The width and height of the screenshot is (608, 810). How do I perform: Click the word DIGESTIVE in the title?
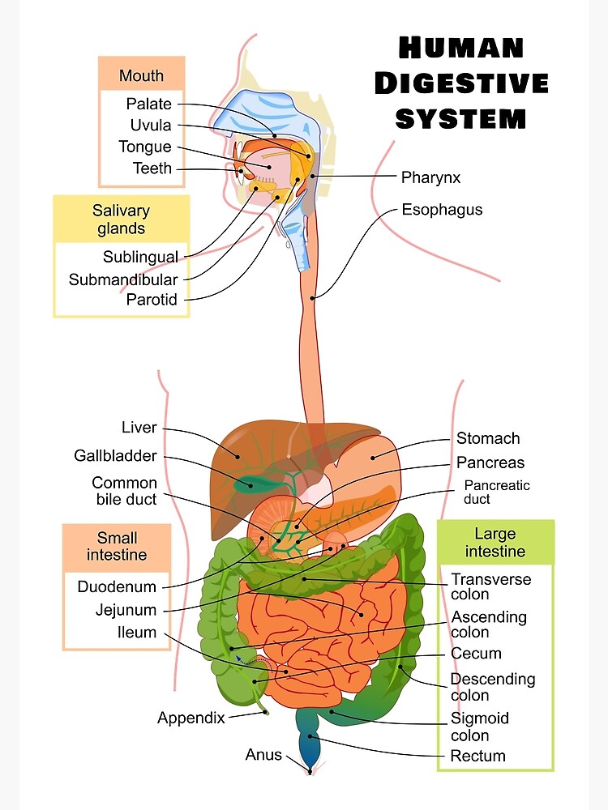(x=461, y=83)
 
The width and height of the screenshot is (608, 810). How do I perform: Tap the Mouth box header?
(x=141, y=75)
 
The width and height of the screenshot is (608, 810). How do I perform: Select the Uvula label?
(x=151, y=125)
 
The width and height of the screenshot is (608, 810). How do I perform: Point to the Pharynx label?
(x=430, y=177)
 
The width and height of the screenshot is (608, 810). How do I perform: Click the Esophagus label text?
(x=442, y=210)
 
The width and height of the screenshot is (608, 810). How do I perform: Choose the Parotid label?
(x=152, y=300)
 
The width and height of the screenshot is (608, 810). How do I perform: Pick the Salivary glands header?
(x=122, y=220)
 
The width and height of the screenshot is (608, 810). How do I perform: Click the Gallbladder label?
(x=115, y=456)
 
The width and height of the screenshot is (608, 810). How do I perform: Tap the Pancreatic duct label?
(x=496, y=492)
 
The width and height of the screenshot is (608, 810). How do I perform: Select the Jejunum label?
(x=126, y=610)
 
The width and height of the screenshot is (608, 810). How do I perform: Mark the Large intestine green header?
(x=495, y=542)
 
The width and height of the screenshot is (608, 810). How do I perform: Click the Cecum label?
(x=476, y=653)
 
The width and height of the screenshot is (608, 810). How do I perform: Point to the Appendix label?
(x=191, y=718)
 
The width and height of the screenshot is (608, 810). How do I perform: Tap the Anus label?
(x=263, y=755)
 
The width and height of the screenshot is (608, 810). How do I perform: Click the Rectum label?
(x=477, y=756)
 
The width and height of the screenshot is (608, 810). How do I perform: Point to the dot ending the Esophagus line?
(x=314, y=298)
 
